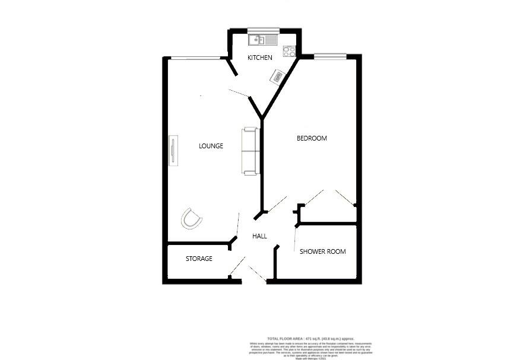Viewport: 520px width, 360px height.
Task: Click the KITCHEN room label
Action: point(260,58)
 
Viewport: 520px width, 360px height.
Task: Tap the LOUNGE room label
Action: point(211,146)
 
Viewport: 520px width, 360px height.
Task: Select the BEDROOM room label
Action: point(312,138)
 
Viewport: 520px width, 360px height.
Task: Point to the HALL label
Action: point(259,236)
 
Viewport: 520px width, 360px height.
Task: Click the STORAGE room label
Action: point(199,259)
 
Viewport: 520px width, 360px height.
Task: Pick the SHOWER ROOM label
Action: point(322,251)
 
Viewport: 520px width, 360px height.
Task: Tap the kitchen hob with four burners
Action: point(290,52)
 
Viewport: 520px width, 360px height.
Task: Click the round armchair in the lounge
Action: point(192,219)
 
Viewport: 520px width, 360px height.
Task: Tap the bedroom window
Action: point(330,56)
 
